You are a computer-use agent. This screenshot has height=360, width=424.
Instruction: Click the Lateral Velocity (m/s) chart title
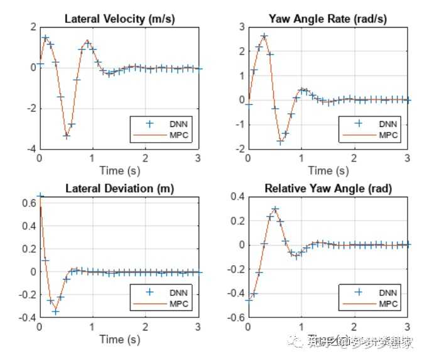(119, 18)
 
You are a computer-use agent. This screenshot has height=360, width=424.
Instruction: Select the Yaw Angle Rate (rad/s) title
(327, 18)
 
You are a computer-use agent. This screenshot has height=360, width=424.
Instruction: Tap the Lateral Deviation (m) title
(119, 188)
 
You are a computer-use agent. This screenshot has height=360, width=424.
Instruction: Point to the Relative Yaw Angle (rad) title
(327, 188)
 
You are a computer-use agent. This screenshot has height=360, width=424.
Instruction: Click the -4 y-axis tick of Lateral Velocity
(30, 150)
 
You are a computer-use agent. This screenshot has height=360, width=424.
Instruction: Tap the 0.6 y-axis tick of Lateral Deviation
(28, 202)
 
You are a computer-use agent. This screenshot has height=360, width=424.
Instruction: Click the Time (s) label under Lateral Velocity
(119, 170)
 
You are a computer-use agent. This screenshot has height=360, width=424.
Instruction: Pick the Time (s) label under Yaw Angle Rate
(327, 170)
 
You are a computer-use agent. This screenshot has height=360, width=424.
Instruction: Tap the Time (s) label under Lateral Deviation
(119, 339)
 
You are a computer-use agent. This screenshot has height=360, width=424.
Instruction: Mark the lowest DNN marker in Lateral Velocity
(66, 136)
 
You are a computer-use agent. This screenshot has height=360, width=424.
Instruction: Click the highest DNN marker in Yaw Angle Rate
(264, 36)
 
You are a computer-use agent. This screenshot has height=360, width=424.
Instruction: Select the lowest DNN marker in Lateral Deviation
(55, 312)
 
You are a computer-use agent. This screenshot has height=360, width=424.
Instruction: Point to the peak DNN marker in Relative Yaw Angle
(275, 209)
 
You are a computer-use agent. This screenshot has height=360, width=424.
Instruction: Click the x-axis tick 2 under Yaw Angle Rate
(354, 158)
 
